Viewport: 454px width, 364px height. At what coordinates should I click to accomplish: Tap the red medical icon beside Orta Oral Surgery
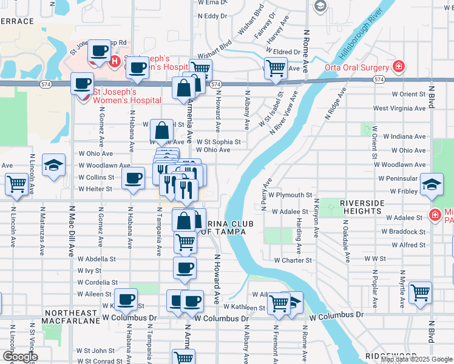pos(399,66)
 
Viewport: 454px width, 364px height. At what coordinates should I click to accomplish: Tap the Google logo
pos(20,357)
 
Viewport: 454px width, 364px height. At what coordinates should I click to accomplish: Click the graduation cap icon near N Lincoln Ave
pos(53,164)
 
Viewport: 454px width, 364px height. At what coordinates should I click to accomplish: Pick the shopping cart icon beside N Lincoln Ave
pos(16,184)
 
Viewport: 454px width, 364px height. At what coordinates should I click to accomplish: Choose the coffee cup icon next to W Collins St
pos(134,178)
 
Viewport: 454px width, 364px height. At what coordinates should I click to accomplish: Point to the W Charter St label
pos(293,260)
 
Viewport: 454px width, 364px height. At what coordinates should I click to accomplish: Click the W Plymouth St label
pos(291,195)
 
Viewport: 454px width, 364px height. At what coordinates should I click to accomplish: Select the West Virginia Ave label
pos(399,109)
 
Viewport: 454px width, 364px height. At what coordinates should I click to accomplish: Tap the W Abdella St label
pos(97,258)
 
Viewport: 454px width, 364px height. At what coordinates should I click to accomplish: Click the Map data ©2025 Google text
pos(417,359)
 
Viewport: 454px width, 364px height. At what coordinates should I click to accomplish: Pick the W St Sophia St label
pos(218,142)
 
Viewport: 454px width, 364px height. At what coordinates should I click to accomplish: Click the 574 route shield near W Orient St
pos(379,79)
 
